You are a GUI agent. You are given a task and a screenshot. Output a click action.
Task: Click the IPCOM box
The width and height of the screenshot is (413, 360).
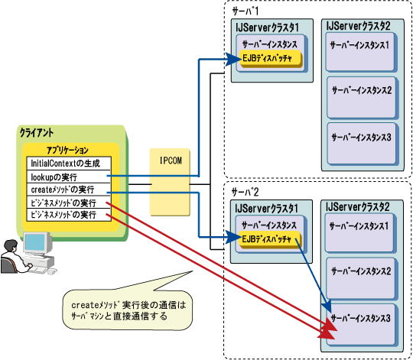(170, 182)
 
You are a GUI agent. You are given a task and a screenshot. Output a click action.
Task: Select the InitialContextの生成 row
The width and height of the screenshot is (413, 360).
(69, 164)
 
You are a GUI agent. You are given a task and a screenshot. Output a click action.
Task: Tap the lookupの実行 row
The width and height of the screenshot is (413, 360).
(69, 177)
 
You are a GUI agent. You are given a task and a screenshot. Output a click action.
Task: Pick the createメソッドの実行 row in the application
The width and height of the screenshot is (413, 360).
(69, 190)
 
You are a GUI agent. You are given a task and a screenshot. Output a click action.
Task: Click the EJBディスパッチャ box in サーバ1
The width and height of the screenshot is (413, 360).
(271, 58)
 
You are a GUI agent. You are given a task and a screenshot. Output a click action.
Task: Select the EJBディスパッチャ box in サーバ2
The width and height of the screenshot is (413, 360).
(270, 239)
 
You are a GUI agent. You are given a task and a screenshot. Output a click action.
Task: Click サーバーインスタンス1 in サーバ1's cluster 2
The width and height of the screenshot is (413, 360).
(360, 52)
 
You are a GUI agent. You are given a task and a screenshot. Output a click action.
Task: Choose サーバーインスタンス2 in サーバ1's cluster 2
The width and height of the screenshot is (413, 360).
(362, 98)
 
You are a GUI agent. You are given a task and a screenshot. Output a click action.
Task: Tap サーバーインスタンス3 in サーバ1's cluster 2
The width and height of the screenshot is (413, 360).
(362, 144)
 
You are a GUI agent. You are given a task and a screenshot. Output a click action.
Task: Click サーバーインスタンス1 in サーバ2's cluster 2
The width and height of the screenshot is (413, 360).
(360, 233)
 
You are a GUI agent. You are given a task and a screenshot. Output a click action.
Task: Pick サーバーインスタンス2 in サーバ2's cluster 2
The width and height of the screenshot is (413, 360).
(361, 279)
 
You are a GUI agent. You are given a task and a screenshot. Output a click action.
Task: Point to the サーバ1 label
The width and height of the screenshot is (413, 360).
(246, 11)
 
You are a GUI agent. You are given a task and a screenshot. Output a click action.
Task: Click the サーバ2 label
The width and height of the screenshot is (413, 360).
(245, 192)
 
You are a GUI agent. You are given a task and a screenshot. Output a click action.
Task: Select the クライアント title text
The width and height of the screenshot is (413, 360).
(37, 133)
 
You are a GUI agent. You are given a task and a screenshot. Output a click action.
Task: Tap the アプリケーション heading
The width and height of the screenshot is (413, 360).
(67, 151)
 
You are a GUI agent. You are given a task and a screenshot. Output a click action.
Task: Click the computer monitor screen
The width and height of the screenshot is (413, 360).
(35, 242)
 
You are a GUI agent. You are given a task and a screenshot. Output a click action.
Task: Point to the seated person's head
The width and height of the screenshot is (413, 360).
(11, 246)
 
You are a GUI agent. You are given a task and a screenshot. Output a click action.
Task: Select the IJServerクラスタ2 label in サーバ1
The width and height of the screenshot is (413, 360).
(358, 26)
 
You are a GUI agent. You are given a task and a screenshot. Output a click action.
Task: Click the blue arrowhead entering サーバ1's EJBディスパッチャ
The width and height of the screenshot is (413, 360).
(233, 59)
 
